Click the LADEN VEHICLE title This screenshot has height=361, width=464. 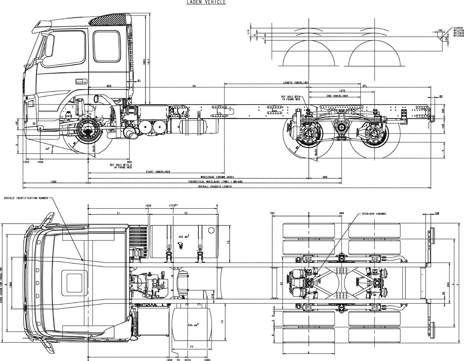(206, 2)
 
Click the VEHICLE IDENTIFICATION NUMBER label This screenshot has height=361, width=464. (26, 198)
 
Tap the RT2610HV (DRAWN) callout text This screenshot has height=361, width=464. (374, 214)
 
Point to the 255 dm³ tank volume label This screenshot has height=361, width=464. (193, 325)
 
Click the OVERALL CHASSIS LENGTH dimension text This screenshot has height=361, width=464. (215, 187)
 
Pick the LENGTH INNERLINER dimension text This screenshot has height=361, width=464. (296, 83)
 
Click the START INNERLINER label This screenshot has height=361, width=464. (158, 172)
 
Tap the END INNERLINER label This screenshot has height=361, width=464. (337, 96)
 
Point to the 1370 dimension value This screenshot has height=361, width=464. (342, 91)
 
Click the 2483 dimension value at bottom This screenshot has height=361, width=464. (207, 360)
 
